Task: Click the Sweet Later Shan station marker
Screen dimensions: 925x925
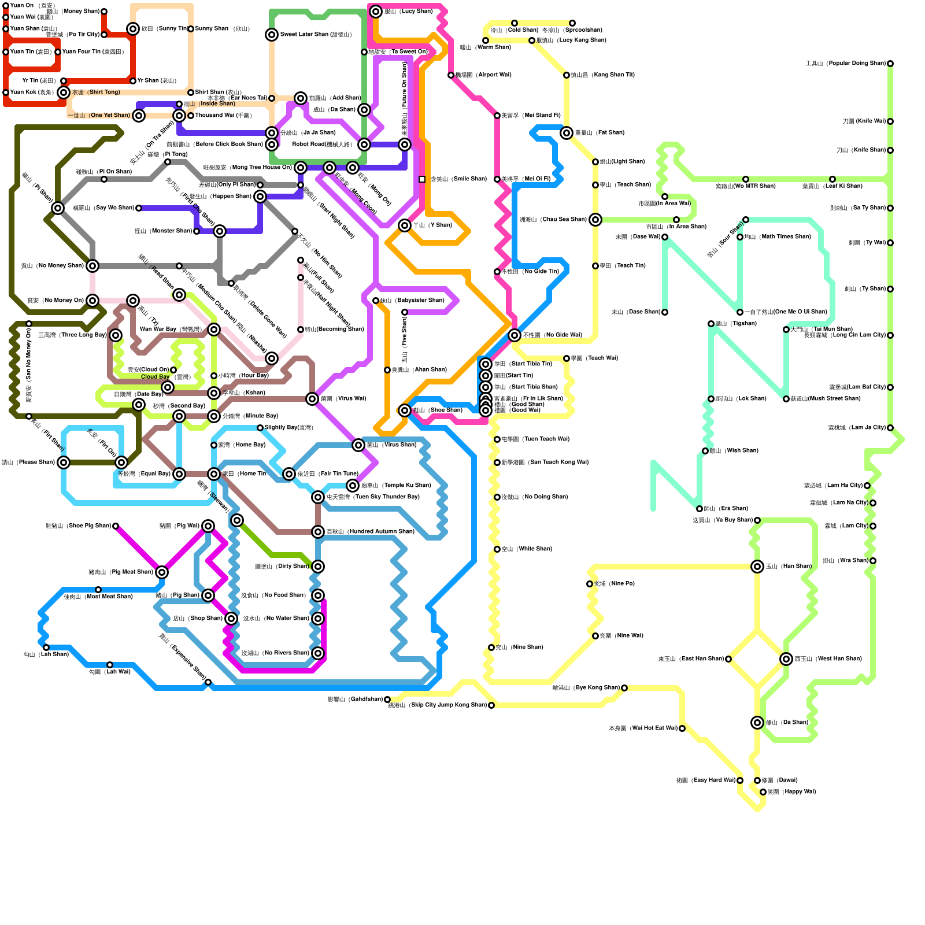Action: tap(272, 35)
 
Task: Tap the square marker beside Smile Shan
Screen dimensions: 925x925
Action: tap(422, 179)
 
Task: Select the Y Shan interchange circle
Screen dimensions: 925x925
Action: tap(405, 225)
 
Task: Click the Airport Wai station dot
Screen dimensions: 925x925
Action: tap(451, 75)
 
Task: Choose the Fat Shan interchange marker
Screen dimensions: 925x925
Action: tap(567, 133)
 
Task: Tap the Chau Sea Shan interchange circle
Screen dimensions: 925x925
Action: tap(595, 220)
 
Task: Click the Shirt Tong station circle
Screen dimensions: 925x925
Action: tap(64, 92)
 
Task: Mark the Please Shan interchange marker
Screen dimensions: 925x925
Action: tap(64, 462)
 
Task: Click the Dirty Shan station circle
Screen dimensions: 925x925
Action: tap(318, 567)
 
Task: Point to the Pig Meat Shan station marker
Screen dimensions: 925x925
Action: tap(162, 572)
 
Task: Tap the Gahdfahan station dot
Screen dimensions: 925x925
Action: tap(387, 700)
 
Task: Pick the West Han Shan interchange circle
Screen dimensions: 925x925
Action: tap(786, 659)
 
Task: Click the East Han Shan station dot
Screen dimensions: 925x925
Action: tap(728, 659)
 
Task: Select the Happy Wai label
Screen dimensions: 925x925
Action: tap(791, 792)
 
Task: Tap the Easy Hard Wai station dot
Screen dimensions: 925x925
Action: tap(740, 780)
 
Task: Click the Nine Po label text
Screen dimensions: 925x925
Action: tap(614, 584)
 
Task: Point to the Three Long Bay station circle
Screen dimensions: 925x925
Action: tap(116, 335)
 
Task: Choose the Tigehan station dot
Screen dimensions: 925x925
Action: tap(711, 324)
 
